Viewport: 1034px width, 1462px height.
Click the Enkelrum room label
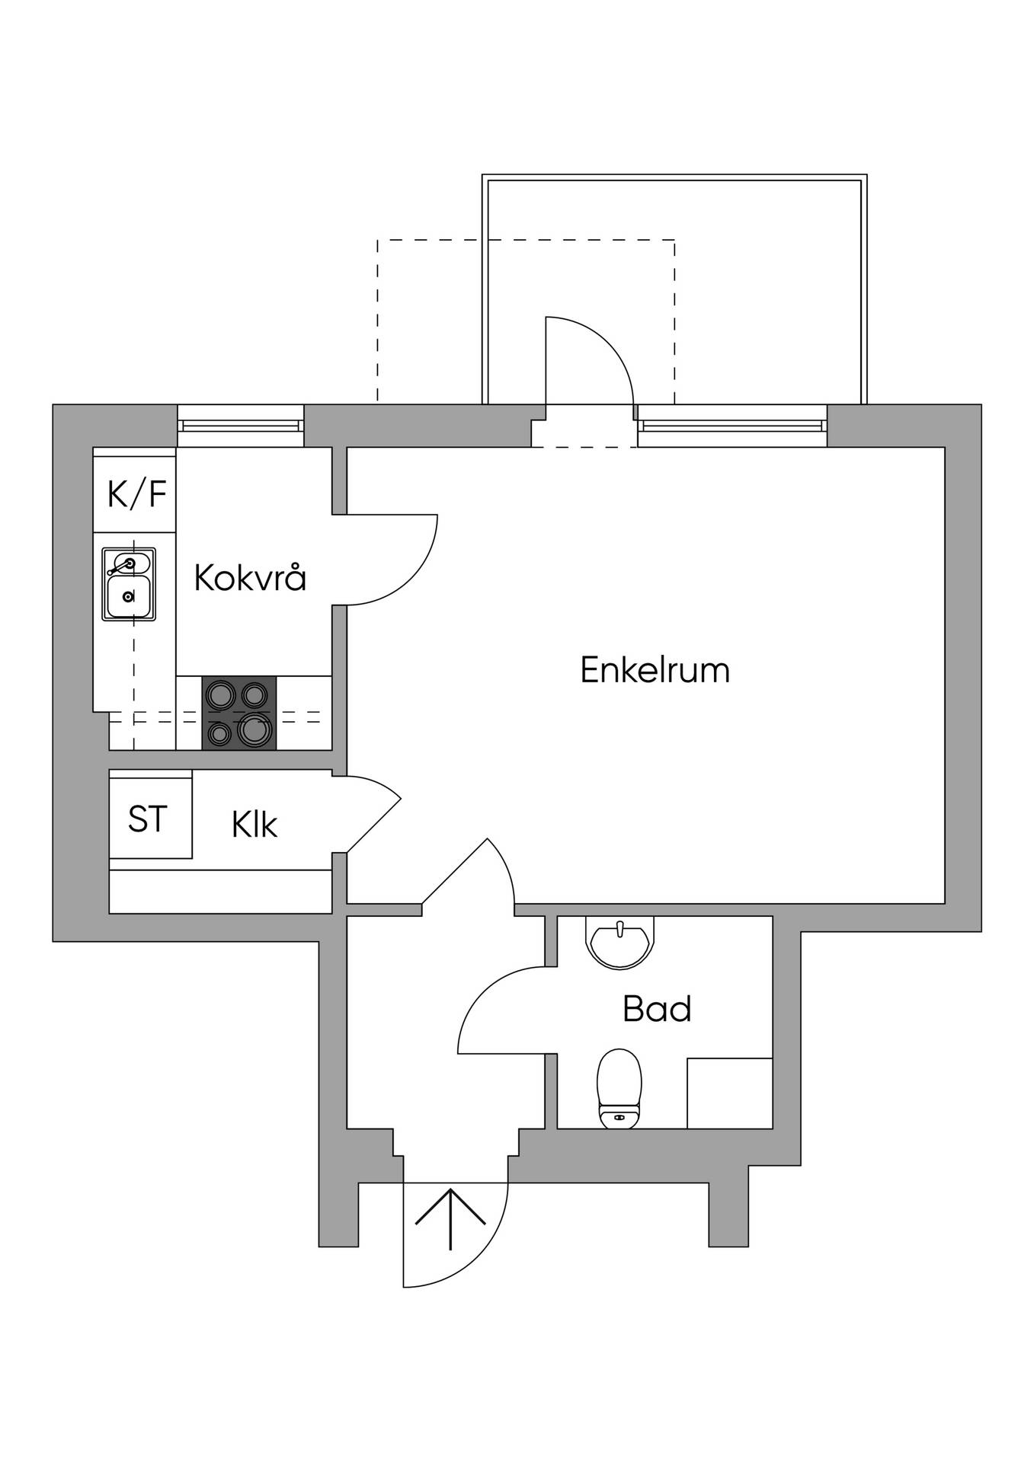655,670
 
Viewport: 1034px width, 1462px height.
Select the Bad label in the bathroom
657,1009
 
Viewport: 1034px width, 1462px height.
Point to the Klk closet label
254,824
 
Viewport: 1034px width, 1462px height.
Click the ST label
147,819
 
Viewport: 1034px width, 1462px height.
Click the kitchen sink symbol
129,584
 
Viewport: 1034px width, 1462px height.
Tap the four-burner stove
239,713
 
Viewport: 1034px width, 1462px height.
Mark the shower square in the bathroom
730,1093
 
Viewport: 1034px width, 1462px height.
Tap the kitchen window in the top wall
240,426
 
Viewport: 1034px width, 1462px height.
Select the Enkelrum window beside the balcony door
732,426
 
